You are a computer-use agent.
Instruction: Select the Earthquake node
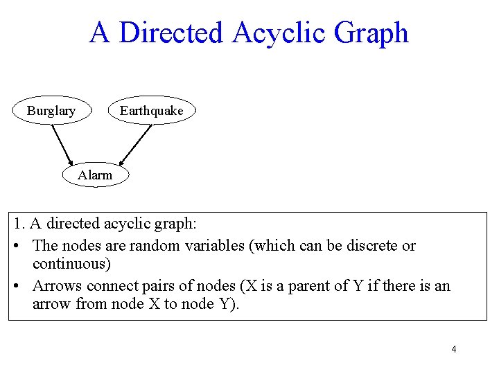click(152, 111)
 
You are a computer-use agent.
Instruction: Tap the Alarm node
click(95, 175)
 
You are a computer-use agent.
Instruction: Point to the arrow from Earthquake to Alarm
click(136, 145)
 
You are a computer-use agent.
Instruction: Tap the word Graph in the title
click(372, 33)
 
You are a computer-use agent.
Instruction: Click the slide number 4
click(454, 349)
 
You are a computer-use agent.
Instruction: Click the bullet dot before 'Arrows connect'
click(17, 286)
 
